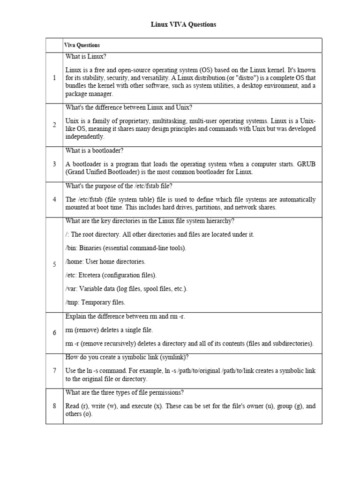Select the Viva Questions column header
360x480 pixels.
click(82, 45)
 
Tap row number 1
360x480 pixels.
click(54, 78)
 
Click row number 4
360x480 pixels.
click(54, 199)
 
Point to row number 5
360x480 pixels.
click(54, 265)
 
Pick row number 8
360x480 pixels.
click(54, 406)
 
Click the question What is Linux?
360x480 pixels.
click(86, 57)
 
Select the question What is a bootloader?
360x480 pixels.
click(94, 150)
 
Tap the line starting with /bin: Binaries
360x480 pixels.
click(126, 248)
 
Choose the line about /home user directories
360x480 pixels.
click(105, 261)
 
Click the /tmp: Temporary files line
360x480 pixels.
click(95, 302)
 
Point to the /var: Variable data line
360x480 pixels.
click(126, 289)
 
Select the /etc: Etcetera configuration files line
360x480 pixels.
click(111, 275)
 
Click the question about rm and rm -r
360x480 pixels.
click(125, 316)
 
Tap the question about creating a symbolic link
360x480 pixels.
click(127, 357)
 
